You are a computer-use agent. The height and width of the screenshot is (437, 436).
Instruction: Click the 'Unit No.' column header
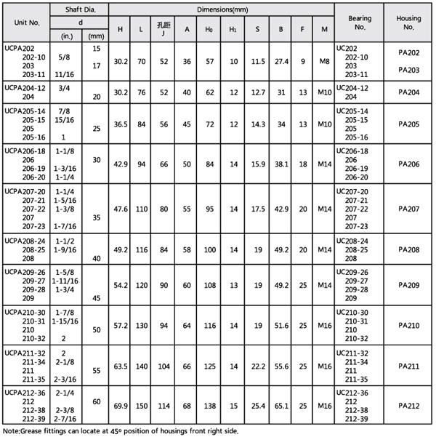(26, 23)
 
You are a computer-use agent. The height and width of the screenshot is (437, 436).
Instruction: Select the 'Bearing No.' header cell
(360, 23)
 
